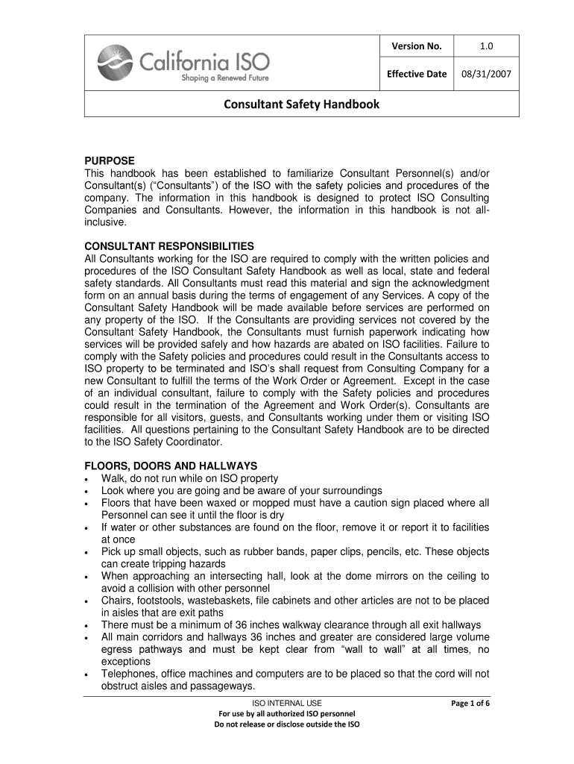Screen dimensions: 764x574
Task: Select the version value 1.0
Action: pos(487,47)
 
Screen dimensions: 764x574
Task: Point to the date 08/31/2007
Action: pos(487,75)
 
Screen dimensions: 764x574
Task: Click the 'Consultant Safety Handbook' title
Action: pos(302,105)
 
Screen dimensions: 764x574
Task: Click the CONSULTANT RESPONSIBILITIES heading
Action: pos(169,246)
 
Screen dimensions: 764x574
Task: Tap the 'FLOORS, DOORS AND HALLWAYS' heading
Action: pos(171,466)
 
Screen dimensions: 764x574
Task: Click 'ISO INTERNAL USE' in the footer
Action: pos(287,704)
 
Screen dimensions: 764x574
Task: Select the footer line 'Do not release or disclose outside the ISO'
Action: pos(287,724)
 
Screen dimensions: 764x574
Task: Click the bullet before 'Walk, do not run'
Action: pos(89,479)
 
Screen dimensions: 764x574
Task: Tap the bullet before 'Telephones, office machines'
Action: pos(89,674)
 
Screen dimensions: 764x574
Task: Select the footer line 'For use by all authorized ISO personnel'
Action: pos(287,714)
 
